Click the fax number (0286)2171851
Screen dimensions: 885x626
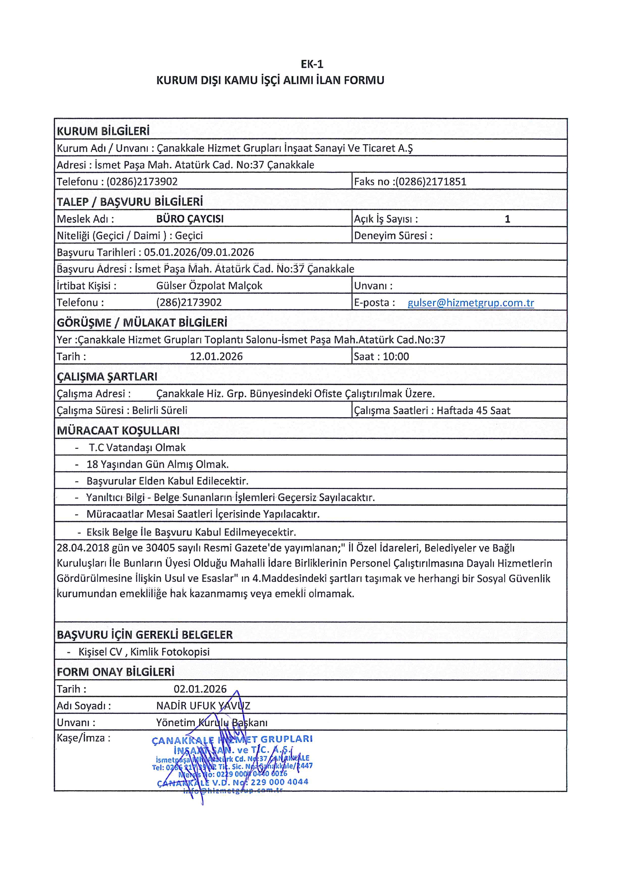pyautogui.click(x=431, y=182)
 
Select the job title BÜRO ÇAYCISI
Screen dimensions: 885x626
pyautogui.click(x=190, y=219)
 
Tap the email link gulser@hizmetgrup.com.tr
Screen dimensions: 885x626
pyautogui.click(x=471, y=302)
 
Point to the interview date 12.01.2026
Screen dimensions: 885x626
pyautogui.click(x=216, y=357)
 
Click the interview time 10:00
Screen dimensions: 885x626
pyautogui.click(x=396, y=357)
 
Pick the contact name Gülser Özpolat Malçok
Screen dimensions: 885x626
pyautogui.click(x=209, y=286)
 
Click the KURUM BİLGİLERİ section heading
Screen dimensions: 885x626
pyautogui.click(x=103, y=131)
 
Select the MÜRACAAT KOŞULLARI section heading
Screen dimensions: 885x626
pyautogui.click(x=118, y=431)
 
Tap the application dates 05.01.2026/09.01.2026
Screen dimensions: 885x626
pyautogui.click(x=199, y=253)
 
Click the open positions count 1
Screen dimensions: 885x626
pyautogui.click(x=507, y=219)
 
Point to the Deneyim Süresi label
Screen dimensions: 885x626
pyautogui.click(x=393, y=236)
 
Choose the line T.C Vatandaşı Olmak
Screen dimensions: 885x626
pyautogui.click(x=137, y=448)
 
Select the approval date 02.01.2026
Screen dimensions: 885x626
pyautogui.click(x=200, y=689)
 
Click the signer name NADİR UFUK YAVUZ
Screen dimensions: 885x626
pyautogui.click(x=203, y=706)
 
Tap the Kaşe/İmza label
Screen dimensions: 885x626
pyautogui.click(x=83, y=738)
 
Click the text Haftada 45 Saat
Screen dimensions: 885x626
pyautogui.click(x=473, y=410)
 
